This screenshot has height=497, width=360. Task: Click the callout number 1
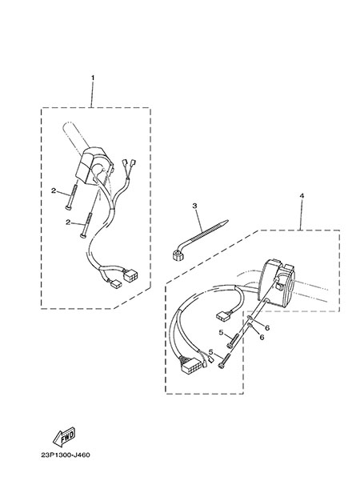tap(93, 78)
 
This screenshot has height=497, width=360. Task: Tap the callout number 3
tap(194, 206)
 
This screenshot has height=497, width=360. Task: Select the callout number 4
tap(302, 196)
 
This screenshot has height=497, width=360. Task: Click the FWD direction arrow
tap(64, 435)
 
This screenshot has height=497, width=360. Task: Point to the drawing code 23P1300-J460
tap(66, 455)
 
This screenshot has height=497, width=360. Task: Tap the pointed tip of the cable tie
tap(227, 220)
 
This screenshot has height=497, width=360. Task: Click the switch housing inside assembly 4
tap(276, 281)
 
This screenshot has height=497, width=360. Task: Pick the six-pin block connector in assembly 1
tap(131, 275)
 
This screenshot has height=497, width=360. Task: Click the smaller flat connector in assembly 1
tap(116, 284)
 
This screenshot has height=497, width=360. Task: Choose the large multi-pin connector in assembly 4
tap(192, 367)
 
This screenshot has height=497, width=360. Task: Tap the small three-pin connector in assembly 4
tap(222, 315)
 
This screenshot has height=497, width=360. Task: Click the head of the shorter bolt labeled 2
tap(69, 207)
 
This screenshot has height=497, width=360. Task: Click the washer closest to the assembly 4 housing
tap(250, 317)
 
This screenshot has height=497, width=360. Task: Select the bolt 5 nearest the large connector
tap(224, 361)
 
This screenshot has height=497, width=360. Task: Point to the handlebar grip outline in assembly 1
tap(74, 136)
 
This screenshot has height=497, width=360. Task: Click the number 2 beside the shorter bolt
tap(54, 190)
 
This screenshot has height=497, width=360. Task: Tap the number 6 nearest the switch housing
tap(267, 328)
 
